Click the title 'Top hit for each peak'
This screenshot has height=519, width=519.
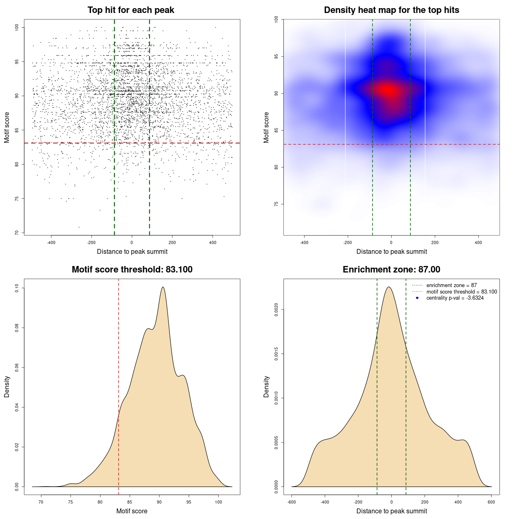pos(131,10)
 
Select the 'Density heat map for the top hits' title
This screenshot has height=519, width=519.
pos(391,10)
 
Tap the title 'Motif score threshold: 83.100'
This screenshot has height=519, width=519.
pos(132,270)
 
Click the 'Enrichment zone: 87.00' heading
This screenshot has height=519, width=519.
pos(391,270)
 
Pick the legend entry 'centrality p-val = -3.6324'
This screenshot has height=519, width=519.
pos(455,298)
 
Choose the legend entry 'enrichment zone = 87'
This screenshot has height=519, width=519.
pos(451,285)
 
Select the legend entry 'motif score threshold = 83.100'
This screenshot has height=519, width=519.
pos(461,292)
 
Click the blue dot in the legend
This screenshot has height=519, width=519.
pos(417,298)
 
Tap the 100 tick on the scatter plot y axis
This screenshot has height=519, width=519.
pos(17,27)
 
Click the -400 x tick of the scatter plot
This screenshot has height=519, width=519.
pos(51,242)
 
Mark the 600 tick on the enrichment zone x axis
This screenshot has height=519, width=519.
pos(491,502)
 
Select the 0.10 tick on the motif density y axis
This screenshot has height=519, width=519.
pos(17,288)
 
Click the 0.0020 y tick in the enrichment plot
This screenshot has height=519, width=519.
pos(276,310)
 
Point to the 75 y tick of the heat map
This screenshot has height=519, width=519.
pos(276,204)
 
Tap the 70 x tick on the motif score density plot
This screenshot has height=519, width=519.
pos(41,502)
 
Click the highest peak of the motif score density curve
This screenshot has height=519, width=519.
pos(163,287)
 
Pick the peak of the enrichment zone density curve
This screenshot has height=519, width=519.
pos(389,287)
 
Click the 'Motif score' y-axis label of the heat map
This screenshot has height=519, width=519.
pos(266,127)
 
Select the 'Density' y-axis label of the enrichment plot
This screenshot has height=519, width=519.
pos(266,386)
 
